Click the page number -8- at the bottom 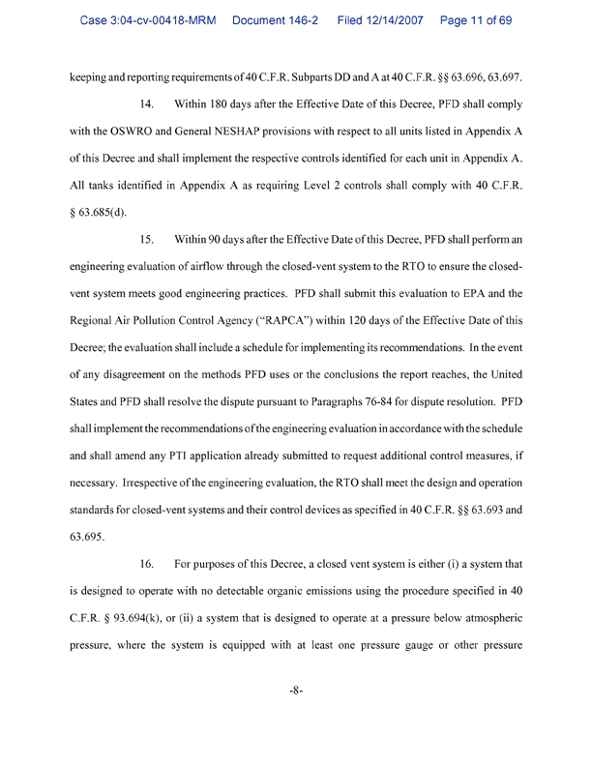[x=296, y=693]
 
